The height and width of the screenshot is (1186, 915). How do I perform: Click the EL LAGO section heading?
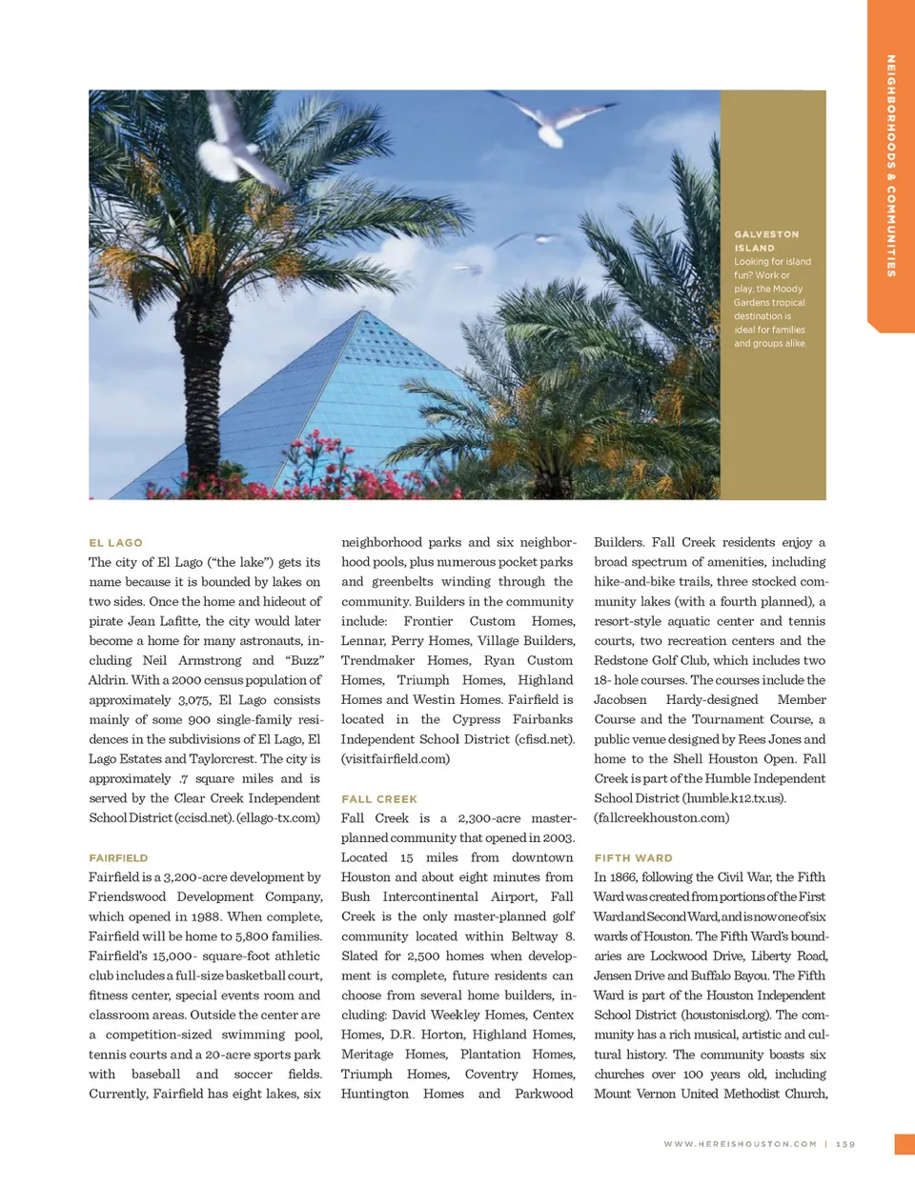click(115, 542)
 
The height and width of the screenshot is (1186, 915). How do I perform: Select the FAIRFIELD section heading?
click(118, 857)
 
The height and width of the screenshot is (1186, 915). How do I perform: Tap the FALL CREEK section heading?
click(379, 798)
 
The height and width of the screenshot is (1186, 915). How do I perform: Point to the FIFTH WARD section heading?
click(633, 857)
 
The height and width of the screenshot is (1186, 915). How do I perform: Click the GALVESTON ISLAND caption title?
click(766, 240)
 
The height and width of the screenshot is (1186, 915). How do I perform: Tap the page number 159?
click(845, 1144)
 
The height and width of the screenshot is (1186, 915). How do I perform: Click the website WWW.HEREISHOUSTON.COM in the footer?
click(740, 1144)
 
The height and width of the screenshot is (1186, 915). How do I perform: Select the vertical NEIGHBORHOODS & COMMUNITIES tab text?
click(890, 166)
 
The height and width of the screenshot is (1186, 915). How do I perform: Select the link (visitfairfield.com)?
click(395, 758)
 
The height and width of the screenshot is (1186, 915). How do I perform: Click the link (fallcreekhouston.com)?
click(661, 817)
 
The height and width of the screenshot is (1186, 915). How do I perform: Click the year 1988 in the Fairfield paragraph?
click(205, 916)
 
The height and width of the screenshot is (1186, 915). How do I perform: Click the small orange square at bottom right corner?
click(905, 1144)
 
